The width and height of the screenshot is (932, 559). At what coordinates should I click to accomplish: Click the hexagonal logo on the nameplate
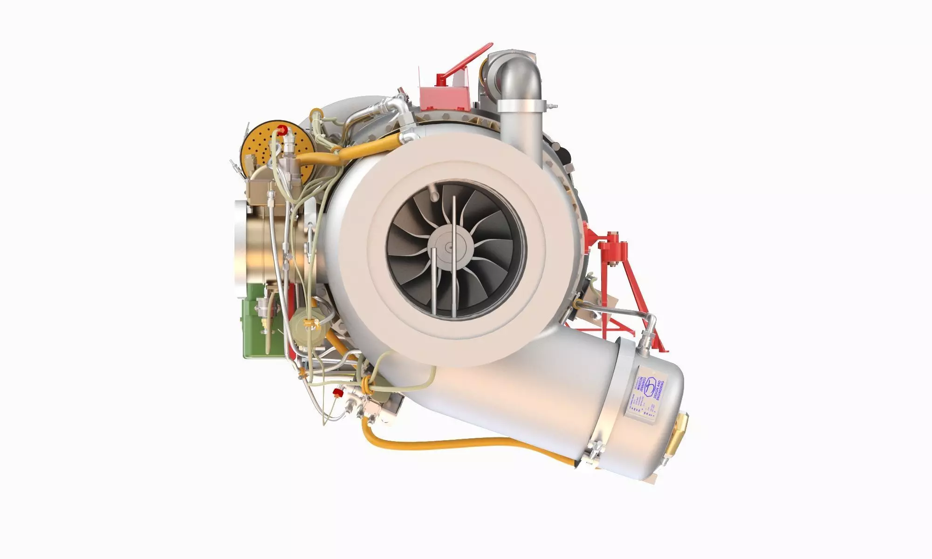pyautogui.click(x=649, y=388)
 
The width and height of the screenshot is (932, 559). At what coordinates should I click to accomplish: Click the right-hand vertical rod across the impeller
pyautogui.click(x=454, y=254)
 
